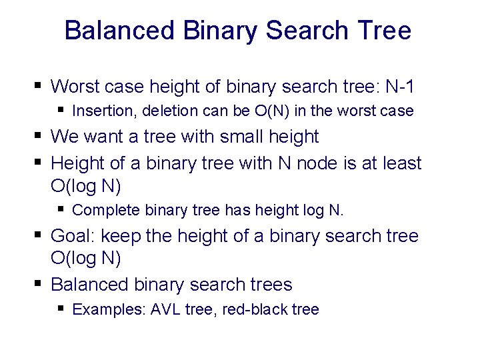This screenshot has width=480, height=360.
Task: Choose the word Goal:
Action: tap(74, 236)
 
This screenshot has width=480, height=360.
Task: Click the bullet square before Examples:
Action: tap(61, 309)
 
